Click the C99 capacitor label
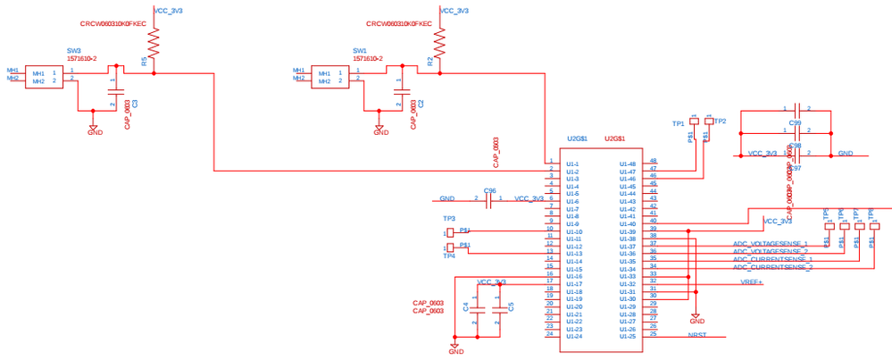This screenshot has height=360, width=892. click(795, 122)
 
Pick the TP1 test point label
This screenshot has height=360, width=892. click(678, 123)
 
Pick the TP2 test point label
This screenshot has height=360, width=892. click(721, 121)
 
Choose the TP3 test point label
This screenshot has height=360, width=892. click(449, 218)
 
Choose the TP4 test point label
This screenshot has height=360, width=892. click(449, 255)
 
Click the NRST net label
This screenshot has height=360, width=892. click(697, 335)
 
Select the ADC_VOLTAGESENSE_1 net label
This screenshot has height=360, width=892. click(771, 243)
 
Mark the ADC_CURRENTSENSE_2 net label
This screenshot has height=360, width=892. click(772, 267)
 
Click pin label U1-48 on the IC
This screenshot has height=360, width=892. click(628, 164)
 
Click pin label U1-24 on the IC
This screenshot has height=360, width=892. click(573, 336)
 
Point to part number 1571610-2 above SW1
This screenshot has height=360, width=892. click(368, 58)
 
